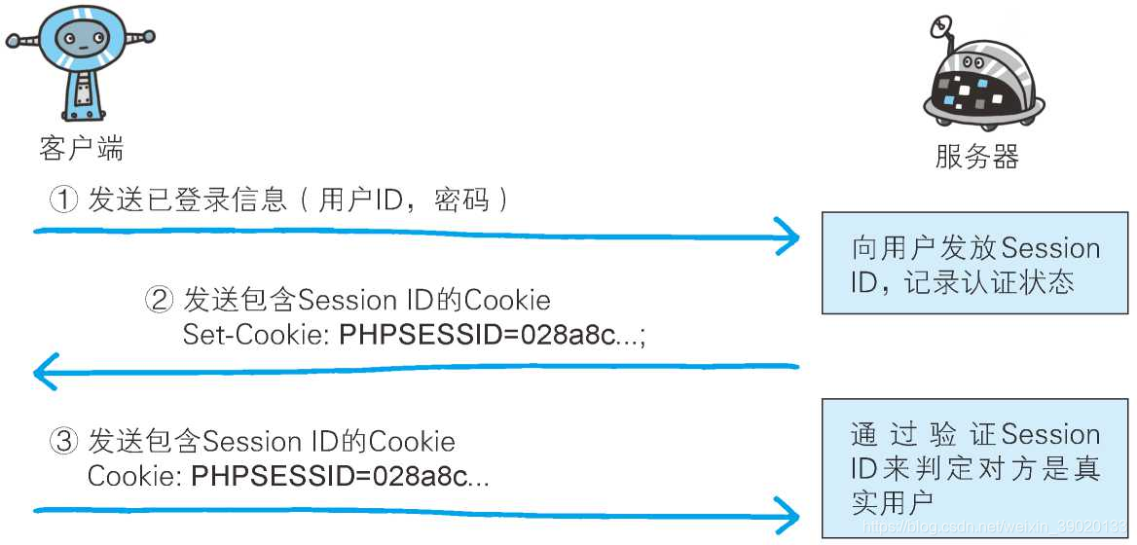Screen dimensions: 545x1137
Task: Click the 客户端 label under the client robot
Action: [81, 149]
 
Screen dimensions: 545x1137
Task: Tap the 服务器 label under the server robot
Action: [976, 157]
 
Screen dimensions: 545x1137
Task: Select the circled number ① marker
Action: [63, 200]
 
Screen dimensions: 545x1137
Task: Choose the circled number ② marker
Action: [159, 300]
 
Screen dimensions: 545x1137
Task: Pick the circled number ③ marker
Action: [63, 442]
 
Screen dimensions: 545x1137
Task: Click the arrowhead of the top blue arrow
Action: [789, 235]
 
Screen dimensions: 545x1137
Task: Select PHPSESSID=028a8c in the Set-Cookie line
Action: [477, 336]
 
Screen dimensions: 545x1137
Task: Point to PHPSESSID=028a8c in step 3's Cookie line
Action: [329, 478]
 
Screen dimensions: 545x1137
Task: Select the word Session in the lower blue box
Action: [1051, 434]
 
